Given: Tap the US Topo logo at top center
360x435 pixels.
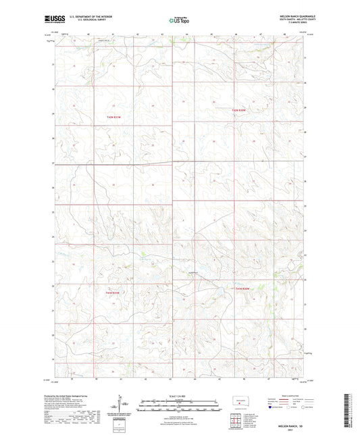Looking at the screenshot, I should [180, 21].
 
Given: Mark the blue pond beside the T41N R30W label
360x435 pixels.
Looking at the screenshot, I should [220, 292].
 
